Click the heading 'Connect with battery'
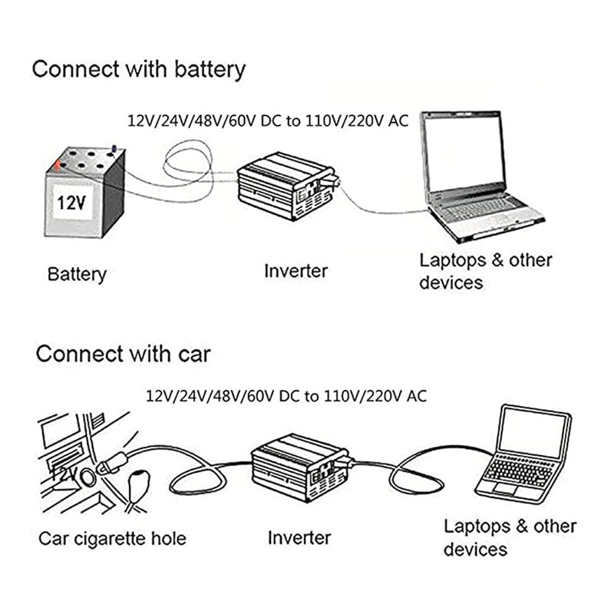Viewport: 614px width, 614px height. click(138, 69)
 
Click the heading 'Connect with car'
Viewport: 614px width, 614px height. click(123, 354)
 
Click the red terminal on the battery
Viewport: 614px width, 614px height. click(56, 163)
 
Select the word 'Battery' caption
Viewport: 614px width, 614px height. click(77, 274)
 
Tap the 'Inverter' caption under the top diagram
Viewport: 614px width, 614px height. click(295, 270)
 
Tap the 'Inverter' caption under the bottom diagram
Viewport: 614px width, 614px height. click(299, 537)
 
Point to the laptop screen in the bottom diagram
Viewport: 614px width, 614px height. click(533, 431)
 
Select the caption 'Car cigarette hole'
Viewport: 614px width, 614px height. click(112, 538)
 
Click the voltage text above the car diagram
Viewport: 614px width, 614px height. click(286, 396)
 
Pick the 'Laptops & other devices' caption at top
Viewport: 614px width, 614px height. click(485, 271)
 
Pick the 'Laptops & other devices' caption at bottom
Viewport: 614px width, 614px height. click(510, 537)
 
